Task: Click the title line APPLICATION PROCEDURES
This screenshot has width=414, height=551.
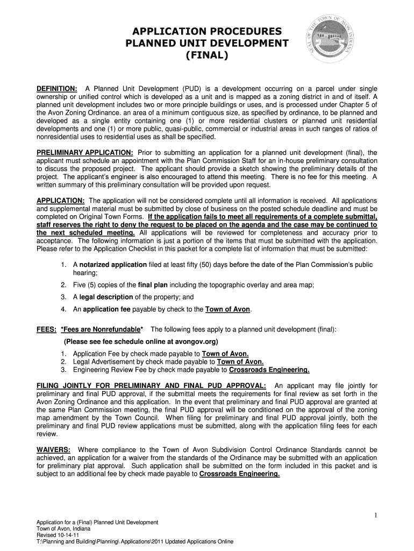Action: [x=207, y=31]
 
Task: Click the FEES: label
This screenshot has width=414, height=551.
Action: [x=47, y=329]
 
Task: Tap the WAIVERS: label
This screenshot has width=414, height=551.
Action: [x=53, y=450]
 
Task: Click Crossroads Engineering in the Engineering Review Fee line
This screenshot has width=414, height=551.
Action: [x=269, y=370]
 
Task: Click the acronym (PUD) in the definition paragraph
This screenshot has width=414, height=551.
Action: [x=193, y=88]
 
